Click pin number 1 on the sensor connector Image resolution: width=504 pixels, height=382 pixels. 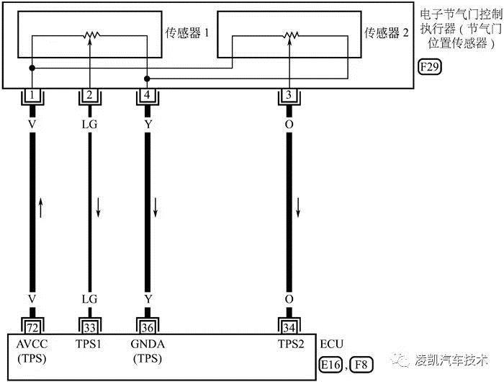32,95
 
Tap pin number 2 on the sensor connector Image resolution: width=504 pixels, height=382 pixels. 89,95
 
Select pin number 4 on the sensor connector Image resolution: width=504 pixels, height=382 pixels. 147,95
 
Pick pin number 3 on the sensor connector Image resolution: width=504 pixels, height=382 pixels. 289,95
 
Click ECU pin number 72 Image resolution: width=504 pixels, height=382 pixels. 32,325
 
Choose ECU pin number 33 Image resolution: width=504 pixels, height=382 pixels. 89,325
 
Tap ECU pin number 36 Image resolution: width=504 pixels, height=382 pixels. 147,325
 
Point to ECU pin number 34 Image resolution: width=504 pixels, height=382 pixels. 289,325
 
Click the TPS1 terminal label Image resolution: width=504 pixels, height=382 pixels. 89,344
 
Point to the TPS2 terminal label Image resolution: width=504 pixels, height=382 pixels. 289,344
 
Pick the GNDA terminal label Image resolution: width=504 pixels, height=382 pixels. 147,344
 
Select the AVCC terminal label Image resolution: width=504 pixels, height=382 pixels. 32,344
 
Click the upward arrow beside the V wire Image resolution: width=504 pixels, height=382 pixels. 42,209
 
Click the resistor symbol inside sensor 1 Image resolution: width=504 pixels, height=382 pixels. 90,35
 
